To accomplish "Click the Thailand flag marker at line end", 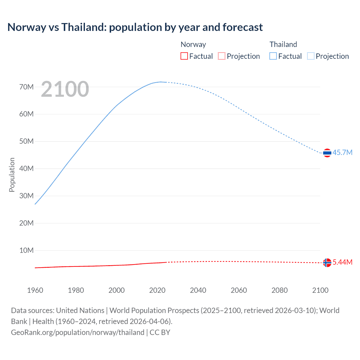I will point(327,153).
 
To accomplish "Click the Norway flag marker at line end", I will point(327,262).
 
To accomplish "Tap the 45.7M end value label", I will point(342,152).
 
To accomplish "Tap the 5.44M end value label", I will point(342,262).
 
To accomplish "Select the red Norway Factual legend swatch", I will point(184,56).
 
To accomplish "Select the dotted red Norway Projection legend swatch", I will point(222,56).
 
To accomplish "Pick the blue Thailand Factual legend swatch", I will point(273,56).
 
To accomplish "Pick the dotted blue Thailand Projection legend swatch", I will point(310,56).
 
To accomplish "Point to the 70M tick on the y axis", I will point(26,87).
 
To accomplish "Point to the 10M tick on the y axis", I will point(26,250).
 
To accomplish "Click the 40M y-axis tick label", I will point(26,168).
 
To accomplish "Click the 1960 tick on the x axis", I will point(35,290).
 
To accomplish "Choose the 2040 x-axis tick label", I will point(198,290).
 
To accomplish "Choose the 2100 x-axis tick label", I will point(320,290).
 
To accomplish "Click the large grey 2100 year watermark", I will point(65,89).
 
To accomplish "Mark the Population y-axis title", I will point(12,175).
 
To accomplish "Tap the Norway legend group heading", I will point(193,44).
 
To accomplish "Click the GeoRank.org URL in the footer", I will point(78,332).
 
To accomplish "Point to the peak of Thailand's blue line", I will point(161,82).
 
